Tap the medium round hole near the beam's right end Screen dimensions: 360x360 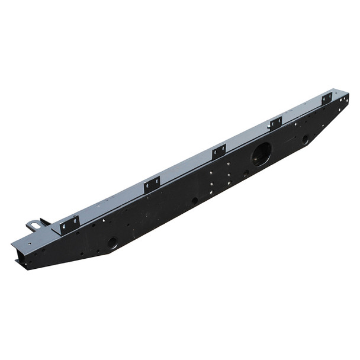point(305,140)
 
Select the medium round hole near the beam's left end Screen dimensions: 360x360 point(112,243)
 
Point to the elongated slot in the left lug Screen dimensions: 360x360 point(34,225)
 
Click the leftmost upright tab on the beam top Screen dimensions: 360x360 point(70,224)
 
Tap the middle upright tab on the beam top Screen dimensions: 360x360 point(219,152)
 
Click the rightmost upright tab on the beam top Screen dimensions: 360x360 point(327,99)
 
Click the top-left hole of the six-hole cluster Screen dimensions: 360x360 point(211,173)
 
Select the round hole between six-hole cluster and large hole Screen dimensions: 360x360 point(246,173)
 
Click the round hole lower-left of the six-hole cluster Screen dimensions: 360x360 point(194,201)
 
